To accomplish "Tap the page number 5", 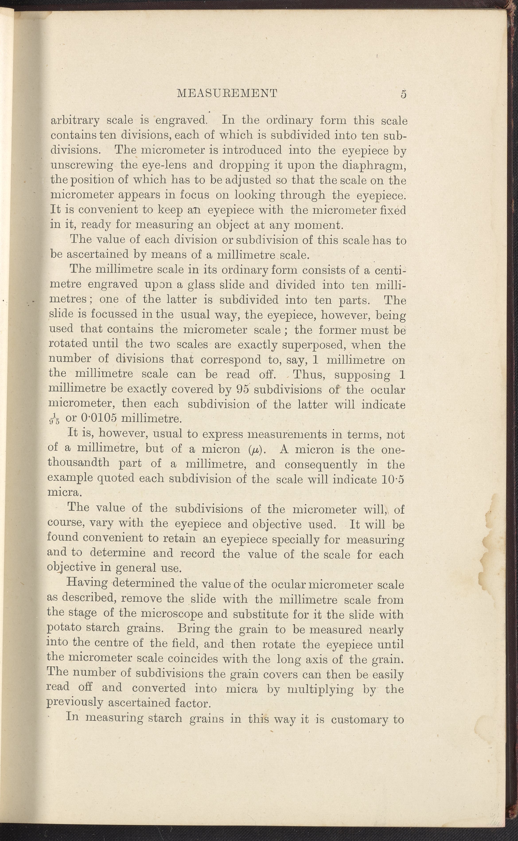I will [403, 94].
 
